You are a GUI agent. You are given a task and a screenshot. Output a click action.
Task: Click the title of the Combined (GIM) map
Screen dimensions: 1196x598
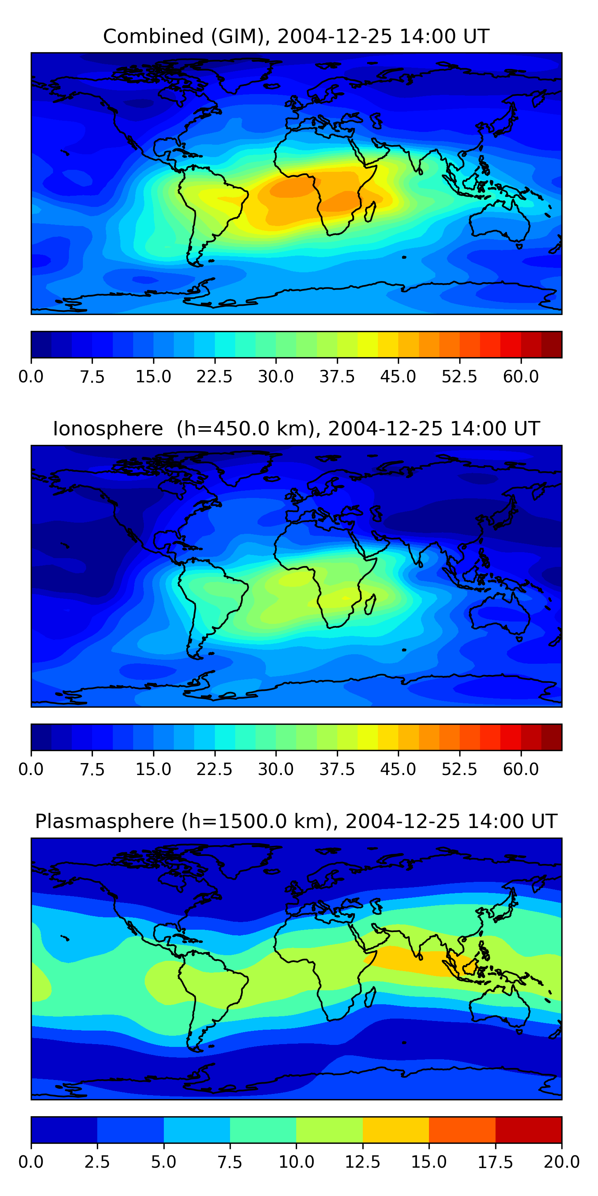point(296,36)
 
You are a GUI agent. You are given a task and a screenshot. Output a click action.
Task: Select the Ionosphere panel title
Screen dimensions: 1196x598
point(296,429)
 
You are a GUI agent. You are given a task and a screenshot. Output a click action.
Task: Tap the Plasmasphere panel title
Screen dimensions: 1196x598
point(296,821)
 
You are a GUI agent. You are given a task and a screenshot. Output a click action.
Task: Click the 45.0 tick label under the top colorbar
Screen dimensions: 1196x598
point(398,376)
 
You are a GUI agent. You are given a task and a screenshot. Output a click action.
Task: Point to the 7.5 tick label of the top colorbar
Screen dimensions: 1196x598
point(92,376)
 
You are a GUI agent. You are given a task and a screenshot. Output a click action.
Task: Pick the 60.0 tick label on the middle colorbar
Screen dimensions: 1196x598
point(521,769)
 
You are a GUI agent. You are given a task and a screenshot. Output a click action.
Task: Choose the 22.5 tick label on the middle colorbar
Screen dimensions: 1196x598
point(214,769)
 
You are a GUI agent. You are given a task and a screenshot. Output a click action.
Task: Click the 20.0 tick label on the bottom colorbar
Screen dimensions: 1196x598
point(561,1162)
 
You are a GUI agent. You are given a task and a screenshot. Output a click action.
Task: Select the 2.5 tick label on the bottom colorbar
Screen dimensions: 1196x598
point(97,1162)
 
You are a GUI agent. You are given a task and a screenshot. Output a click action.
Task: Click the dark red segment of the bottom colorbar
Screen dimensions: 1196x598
point(528,1129)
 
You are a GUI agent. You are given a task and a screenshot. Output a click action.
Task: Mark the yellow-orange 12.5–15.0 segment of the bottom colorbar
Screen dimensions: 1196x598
point(395,1129)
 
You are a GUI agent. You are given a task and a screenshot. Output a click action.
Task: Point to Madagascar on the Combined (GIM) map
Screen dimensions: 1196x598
point(370,212)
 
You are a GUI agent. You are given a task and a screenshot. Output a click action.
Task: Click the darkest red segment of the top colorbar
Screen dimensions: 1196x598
point(552,344)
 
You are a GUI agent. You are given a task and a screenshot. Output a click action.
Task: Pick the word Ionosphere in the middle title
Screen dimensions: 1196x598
point(108,429)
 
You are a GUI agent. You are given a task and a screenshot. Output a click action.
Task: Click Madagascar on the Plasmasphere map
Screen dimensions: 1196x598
point(370,996)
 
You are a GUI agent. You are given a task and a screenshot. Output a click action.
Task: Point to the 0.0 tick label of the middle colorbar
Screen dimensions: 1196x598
point(31,769)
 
